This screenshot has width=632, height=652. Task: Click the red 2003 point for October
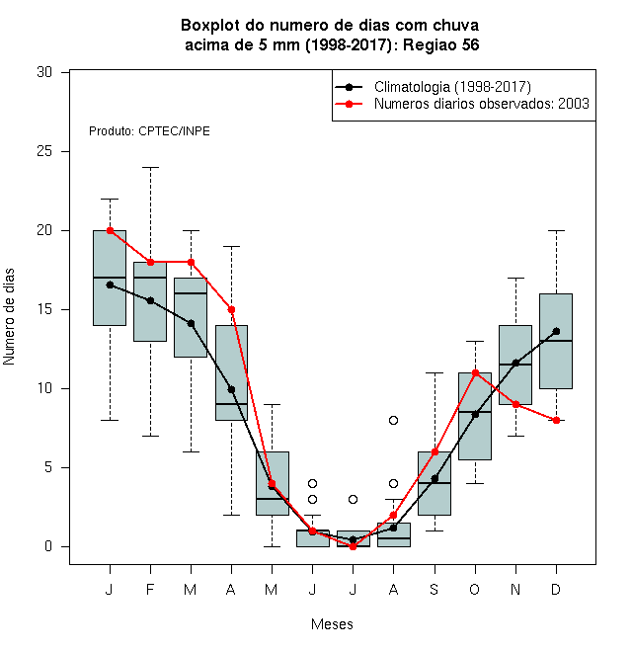point(475,373)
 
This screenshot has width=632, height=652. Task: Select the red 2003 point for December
point(556,421)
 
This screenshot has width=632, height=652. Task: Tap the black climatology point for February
point(150,300)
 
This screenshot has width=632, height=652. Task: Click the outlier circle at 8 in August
point(393,421)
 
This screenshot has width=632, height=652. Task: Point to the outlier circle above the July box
point(353,500)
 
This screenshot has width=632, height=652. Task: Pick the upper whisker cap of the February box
point(150,168)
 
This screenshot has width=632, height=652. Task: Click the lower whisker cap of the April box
point(232,516)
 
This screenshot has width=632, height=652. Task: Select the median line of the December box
point(556,341)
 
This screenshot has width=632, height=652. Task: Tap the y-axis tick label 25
point(44,151)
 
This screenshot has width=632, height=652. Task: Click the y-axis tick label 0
point(48,547)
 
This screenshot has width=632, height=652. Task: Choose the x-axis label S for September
point(434,590)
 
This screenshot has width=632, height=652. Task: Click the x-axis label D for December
point(556,590)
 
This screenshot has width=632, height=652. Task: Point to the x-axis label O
point(474,590)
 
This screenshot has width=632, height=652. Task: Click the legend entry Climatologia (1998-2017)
point(452,87)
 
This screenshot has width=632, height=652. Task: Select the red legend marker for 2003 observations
point(349,104)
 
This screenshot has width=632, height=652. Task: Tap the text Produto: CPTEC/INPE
point(149,131)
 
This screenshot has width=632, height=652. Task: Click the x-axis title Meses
point(332,624)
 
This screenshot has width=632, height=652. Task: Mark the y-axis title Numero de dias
point(9,317)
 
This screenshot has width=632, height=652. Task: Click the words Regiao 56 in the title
point(440,44)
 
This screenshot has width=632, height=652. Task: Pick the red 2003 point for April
point(232,310)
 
